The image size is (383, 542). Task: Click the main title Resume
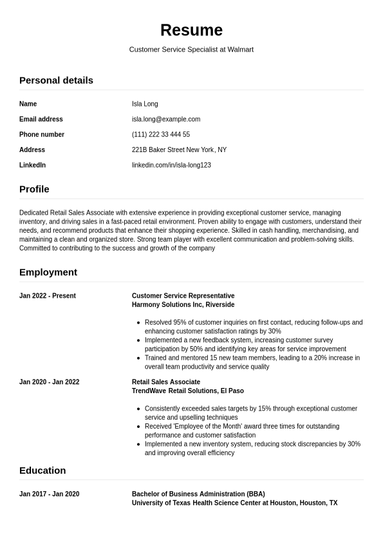click(191, 30)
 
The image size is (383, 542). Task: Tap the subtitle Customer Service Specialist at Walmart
click(191, 50)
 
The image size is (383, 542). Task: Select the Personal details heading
click(56, 81)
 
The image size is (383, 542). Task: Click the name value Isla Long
click(145, 104)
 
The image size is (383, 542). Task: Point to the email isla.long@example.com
click(166, 119)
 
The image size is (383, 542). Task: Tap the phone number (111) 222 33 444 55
click(161, 135)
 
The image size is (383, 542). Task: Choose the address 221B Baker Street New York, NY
click(179, 150)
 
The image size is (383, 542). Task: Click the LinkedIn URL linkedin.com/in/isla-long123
click(171, 166)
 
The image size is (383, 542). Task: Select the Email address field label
click(41, 119)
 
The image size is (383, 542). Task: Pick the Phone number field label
click(42, 135)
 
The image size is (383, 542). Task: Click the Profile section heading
click(34, 189)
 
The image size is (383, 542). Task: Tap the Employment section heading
click(48, 273)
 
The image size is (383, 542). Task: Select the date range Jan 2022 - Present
click(48, 296)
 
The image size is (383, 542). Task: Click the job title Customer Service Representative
click(183, 296)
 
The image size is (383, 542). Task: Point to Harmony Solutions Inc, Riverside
click(183, 305)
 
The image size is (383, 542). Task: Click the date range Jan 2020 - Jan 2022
click(50, 382)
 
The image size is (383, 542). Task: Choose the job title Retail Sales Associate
click(166, 382)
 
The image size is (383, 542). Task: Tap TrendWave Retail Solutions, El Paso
click(188, 391)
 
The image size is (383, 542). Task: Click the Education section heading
click(42, 470)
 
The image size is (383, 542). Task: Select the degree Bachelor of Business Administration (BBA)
click(198, 494)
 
